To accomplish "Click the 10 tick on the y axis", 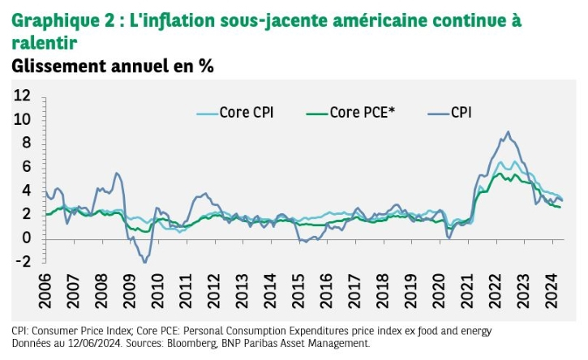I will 21,119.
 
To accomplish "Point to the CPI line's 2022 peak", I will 508,132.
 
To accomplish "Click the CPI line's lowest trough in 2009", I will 145,263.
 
